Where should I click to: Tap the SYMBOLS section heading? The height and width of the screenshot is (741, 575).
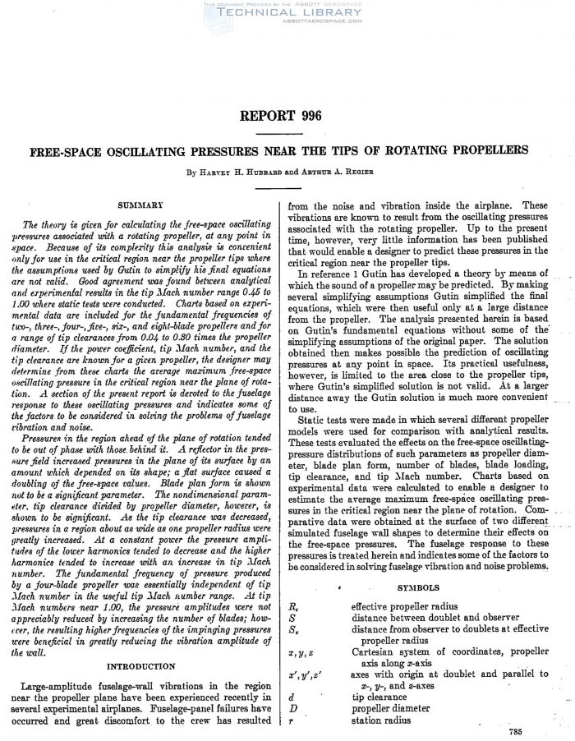(x=418, y=588)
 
